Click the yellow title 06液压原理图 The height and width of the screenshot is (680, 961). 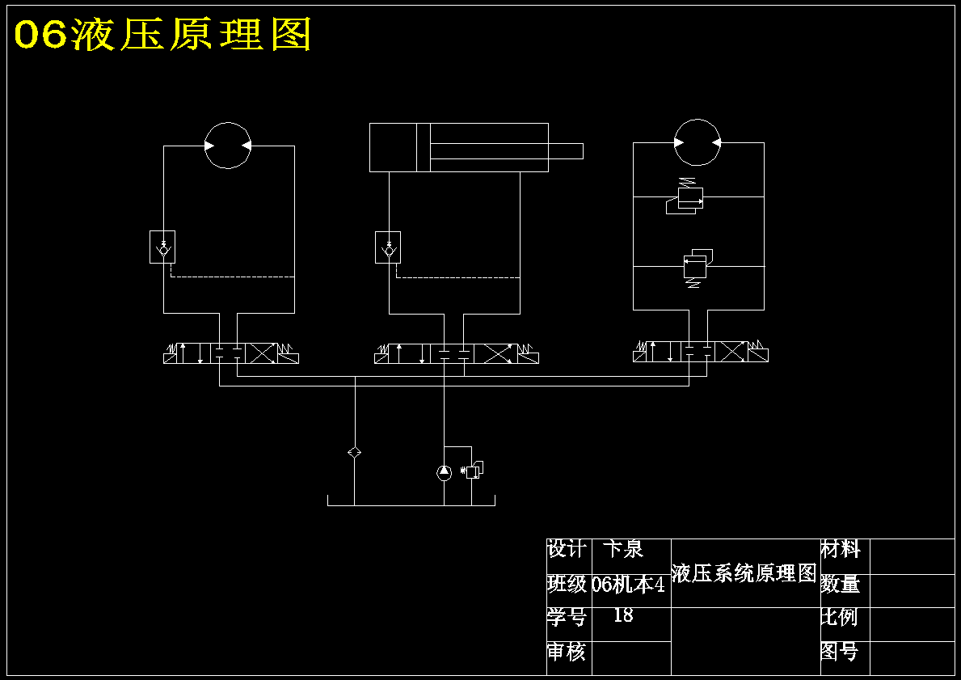click(x=163, y=34)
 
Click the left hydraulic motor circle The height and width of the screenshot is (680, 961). click(x=227, y=123)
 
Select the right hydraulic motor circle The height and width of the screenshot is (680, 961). click(x=698, y=120)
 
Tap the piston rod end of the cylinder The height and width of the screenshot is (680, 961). click(x=582, y=151)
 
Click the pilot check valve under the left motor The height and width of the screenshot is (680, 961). click(x=162, y=247)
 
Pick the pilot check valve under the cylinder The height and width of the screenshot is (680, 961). click(x=388, y=247)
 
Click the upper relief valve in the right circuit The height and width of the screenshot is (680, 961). click(x=685, y=196)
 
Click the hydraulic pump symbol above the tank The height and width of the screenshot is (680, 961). click(x=445, y=472)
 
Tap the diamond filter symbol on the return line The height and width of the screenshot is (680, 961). click(x=354, y=453)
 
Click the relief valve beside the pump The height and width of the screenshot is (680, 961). click(x=473, y=471)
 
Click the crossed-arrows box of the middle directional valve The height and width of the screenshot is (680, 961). click(x=495, y=354)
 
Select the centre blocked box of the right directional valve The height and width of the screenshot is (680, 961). click(x=698, y=352)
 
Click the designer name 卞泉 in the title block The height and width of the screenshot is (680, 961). click(x=623, y=549)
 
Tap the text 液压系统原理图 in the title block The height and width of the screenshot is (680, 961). click(x=744, y=573)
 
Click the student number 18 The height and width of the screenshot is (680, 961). click(x=623, y=615)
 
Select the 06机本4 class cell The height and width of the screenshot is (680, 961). click(x=629, y=585)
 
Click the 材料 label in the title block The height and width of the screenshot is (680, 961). click(x=841, y=549)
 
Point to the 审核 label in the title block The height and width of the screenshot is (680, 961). click(x=567, y=652)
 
